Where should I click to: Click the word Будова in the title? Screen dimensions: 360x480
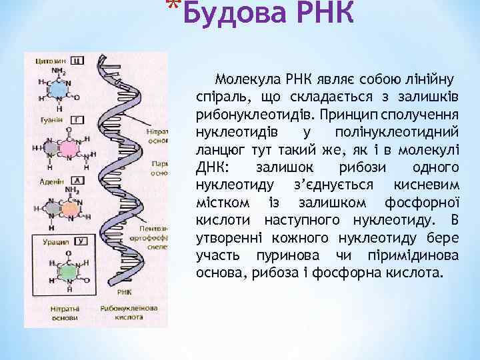click(227, 13)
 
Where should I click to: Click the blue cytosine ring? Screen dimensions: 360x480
click(59, 89)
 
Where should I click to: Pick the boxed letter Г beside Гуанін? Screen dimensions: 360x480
click(77, 120)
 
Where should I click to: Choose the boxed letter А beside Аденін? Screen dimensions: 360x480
click(77, 180)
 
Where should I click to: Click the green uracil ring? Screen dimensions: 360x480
click(67, 270)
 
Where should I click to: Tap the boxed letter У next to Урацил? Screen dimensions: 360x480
click(81, 240)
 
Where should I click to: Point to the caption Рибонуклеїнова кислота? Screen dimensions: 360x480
click(129, 313)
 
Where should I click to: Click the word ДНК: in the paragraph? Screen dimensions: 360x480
click(213, 167)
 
